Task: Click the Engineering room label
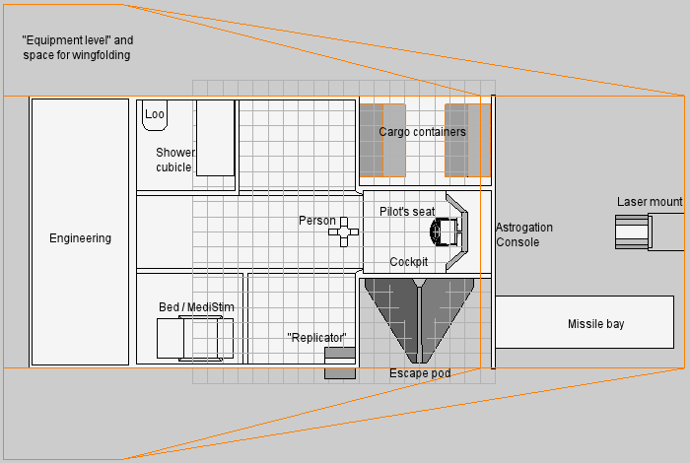click(x=80, y=238)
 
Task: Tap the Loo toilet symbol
click(x=155, y=115)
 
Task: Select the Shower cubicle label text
click(x=175, y=160)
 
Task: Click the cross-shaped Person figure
click(x=344, y=231)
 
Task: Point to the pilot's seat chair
click(x=445, y=231)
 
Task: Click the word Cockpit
click(x=409, y=262)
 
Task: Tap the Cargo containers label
click(x=422, y=132)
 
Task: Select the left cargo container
click(x=382, y=140)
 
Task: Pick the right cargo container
click(x=468, y=140)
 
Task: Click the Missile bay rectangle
click(x=585, y=322)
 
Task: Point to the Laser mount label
click(x=650, y=202)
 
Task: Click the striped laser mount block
click(x=633, y=231)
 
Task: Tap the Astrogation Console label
click(x=524, y=234)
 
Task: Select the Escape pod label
click(x=420, y=373)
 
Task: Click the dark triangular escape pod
click(x=419, y=321)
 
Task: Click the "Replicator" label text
click(x=316, y=338)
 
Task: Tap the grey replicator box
click(x=340, y=363)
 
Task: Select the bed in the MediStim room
click(x=195, y=339)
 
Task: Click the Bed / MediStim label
click(x=196, y=307)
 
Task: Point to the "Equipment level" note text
click(x=78, y=47)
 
